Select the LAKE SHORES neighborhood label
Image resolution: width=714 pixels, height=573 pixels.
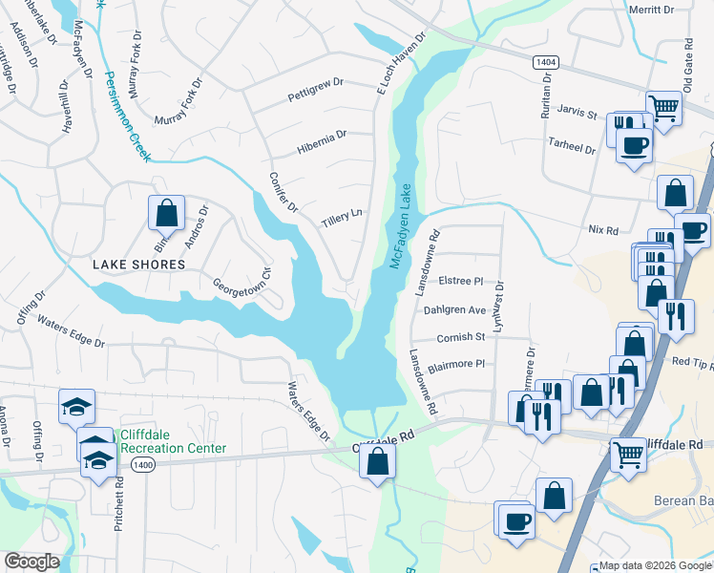point(138,265)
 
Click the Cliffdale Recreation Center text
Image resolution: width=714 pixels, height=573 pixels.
point(173,441)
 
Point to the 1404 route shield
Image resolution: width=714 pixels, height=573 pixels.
point(545,61)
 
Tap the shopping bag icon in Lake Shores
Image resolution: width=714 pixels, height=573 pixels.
point(166,212)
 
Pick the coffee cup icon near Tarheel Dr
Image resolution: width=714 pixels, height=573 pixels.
point(634,146)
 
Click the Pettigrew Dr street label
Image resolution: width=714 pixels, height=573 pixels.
point(315,96)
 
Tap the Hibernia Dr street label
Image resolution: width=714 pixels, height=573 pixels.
point(321,141)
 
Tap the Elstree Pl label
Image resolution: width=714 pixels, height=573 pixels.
point(462,282)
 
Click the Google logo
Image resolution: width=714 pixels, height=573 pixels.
point(32,562)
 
